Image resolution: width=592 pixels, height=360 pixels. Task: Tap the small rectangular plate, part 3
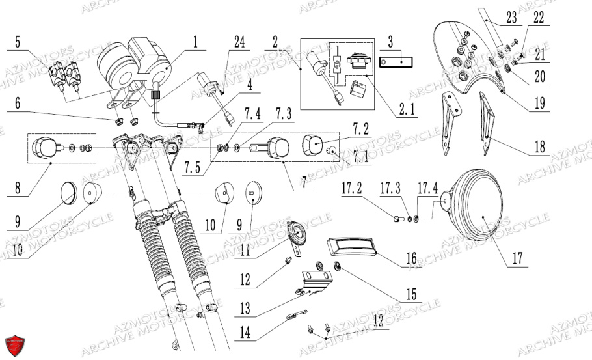coord(397,62)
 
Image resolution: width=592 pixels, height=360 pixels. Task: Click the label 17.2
coord(352,189)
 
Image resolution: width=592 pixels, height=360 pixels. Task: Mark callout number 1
coord(194,44)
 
